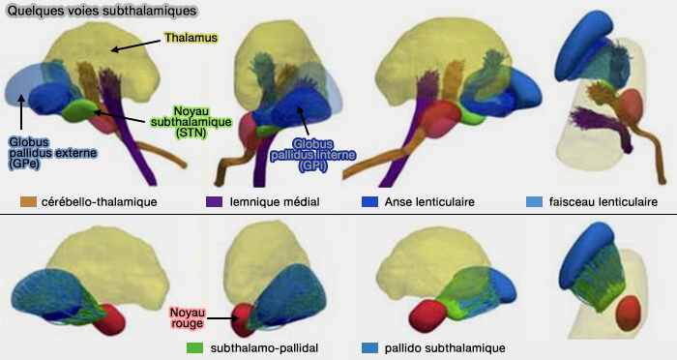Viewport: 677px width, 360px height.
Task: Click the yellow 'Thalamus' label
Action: click(191, 38)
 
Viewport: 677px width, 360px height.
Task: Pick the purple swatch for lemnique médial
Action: click(215, 202)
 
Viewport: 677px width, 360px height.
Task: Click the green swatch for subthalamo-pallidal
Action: click(194, 346)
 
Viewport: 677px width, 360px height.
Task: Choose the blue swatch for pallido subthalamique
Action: click(368, 346)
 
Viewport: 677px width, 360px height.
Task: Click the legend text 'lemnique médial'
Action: click(276, 202)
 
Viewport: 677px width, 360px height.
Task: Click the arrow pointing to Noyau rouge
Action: click(221, 317)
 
